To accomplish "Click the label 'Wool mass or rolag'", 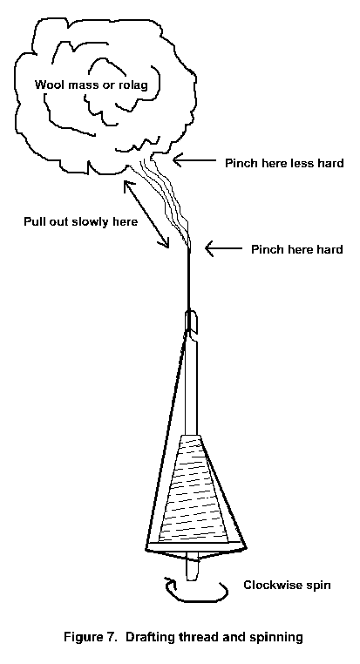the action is [91, 85].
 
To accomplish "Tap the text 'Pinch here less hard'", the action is [284, 163].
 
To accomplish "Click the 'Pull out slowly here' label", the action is [80, 221].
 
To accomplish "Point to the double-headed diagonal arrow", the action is [146, 213].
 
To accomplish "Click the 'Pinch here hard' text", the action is [297, 249].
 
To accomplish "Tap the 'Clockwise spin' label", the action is [287, 586].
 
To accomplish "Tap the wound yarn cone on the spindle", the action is [194, 489].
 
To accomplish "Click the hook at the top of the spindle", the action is [191, 320].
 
